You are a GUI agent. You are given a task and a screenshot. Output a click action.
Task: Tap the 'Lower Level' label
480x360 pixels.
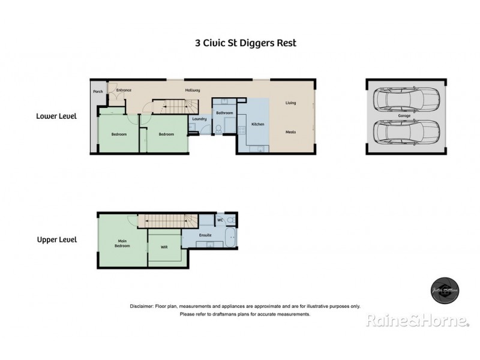(x=56, y=116)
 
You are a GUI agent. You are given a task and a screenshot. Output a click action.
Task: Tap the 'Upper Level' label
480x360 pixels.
(x=56, y=239)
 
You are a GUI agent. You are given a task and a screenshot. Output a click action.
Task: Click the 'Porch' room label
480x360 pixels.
(x=98, y=92)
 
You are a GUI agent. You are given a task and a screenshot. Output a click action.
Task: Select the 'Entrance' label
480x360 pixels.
(x=124, y=90)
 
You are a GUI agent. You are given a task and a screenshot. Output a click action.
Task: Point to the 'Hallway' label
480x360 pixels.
(x=193, y=90)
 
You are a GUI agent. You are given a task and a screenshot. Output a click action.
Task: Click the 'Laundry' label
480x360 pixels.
(x=199, y=119)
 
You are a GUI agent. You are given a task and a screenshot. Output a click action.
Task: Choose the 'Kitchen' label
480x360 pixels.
(x=258, y=124)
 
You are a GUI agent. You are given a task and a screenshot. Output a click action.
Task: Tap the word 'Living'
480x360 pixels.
(x=290, y=103)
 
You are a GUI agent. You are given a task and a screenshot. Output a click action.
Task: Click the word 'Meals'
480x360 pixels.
(x=290, y=132)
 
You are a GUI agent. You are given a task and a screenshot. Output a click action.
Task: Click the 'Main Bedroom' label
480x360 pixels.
(x=122, y=243)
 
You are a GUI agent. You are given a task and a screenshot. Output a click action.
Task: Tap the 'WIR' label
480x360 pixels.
(x=164, y=246)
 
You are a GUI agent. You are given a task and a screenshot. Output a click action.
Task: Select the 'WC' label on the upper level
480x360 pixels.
(x=220, y=220)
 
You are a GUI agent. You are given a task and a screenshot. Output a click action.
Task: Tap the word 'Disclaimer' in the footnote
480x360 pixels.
(x=141, y=306)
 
